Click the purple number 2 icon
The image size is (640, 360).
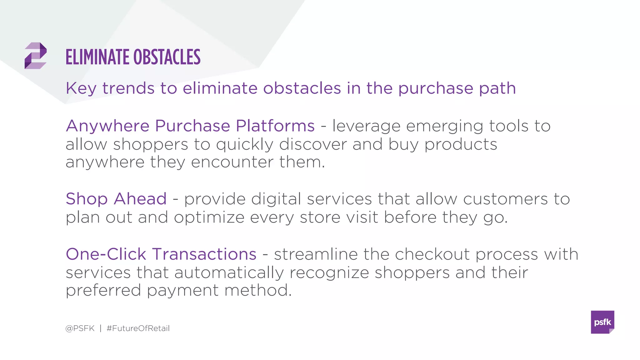point(35,56)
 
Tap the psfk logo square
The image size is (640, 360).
point(602,322)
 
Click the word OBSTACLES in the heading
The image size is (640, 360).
point(167,57)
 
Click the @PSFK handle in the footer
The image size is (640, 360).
point(80,328)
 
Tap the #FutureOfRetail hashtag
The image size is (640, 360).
point(138,328)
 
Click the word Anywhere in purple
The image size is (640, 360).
point(107,126)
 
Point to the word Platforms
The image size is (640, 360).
point(275,126)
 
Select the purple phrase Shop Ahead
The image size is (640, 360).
point(116,199)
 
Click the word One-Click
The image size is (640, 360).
point(106,254)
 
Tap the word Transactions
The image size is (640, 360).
point(204,254)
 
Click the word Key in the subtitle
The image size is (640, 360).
point(81,88)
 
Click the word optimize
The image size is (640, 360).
point(209,217)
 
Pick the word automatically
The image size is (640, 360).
point(229,272)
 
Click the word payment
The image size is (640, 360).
point(182,291)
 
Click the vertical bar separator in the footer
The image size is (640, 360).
point(101,328)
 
